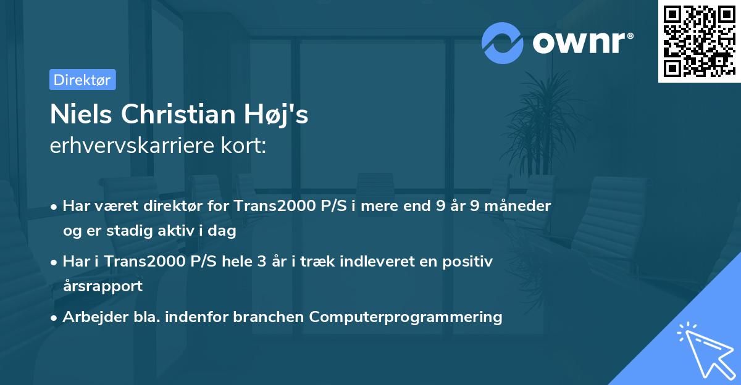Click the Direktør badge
[82, 80]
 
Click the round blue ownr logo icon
[503, 43]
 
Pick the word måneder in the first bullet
[519, 205]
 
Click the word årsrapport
[103, 286]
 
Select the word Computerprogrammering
[406, 317]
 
